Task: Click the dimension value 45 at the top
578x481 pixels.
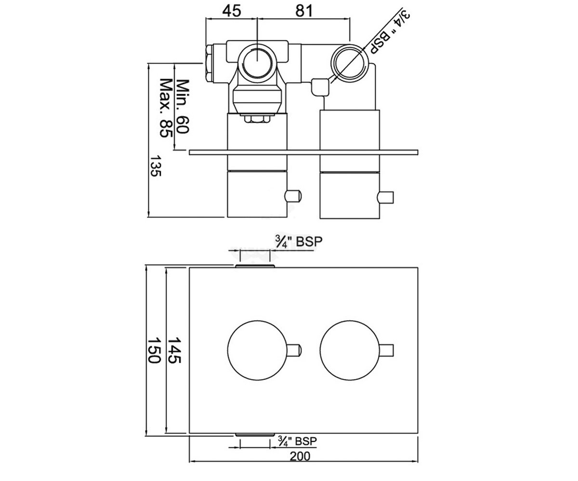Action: pyautogui.click(x=232, y=11)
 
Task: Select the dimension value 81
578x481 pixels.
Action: pyautogui.click(x=304, y=11)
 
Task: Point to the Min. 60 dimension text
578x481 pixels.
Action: pyautogui.click(x=183, y=106)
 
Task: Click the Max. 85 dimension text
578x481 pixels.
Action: pyautogui.click(x=166, y=108)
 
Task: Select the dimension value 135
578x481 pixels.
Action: pyautogui.click(x=156, y=165)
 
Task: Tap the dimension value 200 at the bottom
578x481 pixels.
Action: pyautogui.click(x=300, y=456)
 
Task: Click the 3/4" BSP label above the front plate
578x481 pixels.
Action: pyautogui.click(x=299, y=241)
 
